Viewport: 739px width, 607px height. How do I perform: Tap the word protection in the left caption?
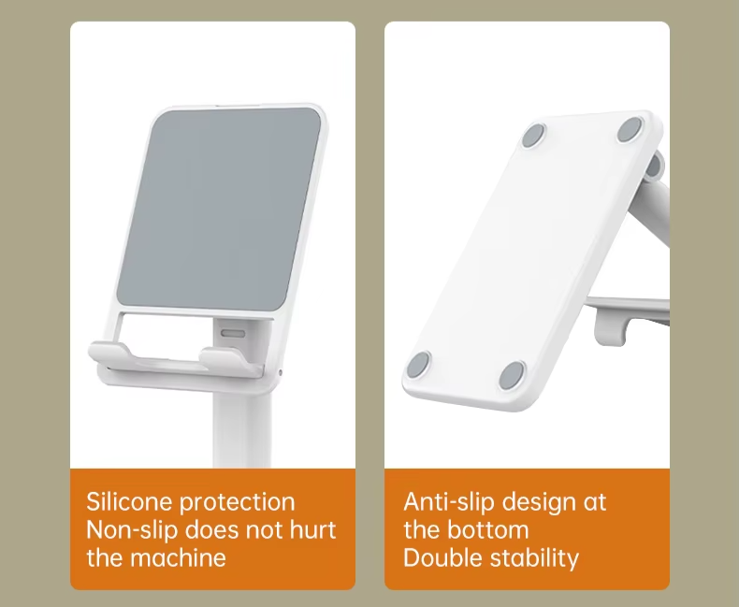[238, 502]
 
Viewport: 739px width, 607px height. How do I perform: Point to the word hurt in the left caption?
[312, 529]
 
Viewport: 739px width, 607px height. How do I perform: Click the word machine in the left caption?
[178, 557]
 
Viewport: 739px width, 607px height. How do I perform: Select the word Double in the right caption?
[443, 557]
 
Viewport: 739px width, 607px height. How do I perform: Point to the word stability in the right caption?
[534, 558]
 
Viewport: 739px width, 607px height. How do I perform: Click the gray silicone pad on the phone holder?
[219, 210]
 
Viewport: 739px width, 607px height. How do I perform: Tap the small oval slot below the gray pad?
[233, 334]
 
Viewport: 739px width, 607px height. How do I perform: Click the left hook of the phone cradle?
[109, 354]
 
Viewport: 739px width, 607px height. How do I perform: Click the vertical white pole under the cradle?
[242, 429]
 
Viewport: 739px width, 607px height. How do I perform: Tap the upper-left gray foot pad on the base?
[534, 136]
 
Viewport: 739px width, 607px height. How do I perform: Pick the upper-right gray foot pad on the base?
[630, 130]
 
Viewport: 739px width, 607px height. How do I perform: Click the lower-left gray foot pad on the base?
[418, 365]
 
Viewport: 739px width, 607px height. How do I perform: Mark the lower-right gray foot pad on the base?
[512, 376]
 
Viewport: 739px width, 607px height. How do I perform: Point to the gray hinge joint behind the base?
[654, 166]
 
